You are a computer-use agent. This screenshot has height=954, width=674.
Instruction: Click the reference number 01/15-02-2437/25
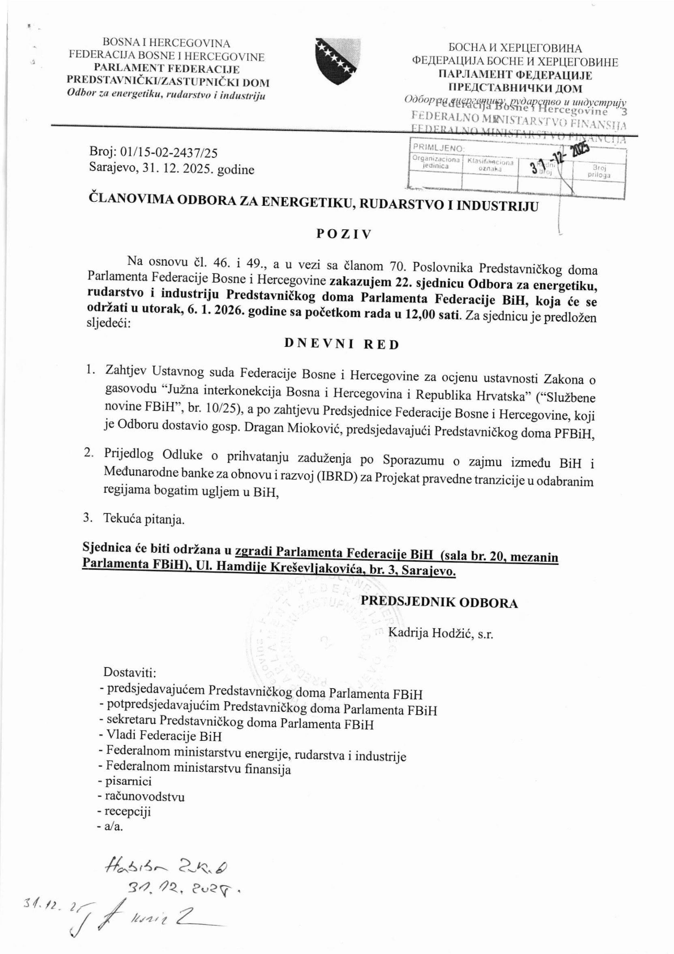[x=170, y=153]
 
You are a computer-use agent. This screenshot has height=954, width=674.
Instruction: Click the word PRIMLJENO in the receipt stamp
[x=438, y=148]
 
